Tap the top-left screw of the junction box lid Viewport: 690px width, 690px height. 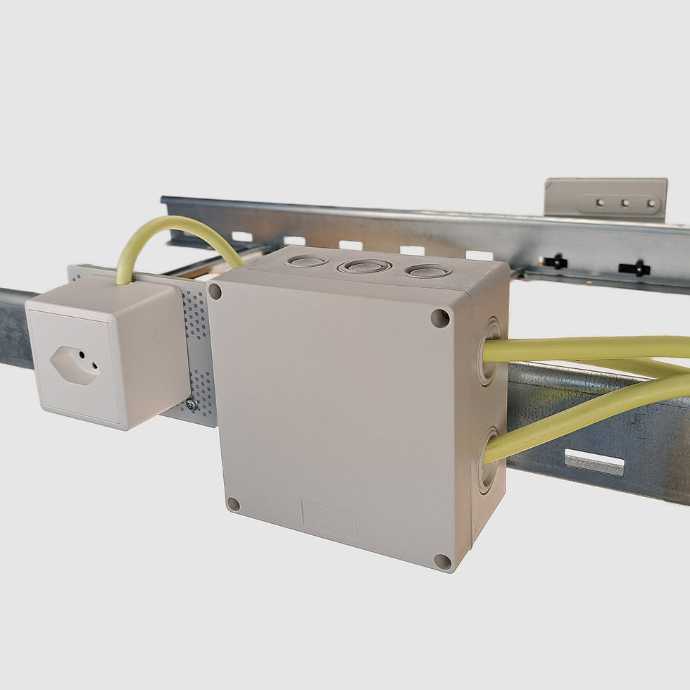[215, 291]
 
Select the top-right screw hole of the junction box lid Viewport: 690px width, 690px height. [440, 318]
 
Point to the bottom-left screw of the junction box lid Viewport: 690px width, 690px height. [233, 504]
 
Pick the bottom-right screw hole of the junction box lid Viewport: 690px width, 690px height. [442, 561]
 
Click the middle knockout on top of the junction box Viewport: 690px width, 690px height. [364, 266]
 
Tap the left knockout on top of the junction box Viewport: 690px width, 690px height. [308, 261]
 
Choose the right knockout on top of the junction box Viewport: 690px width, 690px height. [427, 270]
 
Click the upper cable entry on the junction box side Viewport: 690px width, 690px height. [489, 351]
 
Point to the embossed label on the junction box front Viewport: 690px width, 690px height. [330, 520]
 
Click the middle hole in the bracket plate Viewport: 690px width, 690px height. [625, 203]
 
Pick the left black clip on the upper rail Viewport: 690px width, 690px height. [555, 262]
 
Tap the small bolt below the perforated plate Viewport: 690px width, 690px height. [191, 403]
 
